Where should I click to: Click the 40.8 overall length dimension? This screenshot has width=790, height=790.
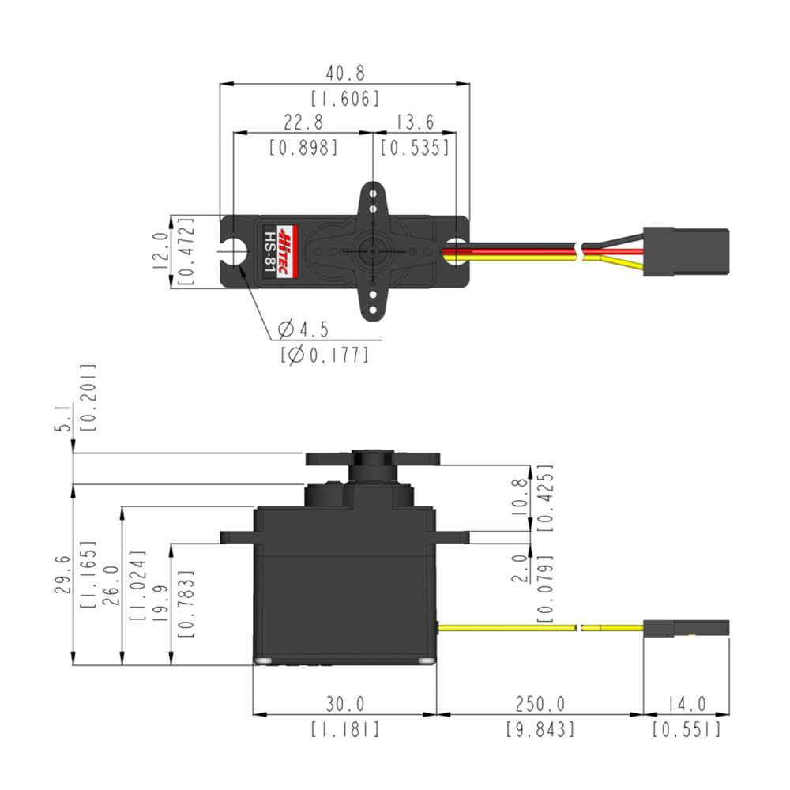click(345, 73)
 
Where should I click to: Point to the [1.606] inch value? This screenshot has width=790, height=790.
click(345, 99)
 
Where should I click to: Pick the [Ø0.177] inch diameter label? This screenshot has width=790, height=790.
click(324, 355)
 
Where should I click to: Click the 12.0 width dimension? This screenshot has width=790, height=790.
click(160, 251)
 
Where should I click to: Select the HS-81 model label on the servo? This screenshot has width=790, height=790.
click(270, 251)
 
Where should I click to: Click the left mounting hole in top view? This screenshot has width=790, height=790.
click(235, 251)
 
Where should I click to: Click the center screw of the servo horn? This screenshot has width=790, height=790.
click(371, 250)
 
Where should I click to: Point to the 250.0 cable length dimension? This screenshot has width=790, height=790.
click(540, 703)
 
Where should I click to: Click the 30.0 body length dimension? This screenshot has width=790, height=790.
click(345, 703)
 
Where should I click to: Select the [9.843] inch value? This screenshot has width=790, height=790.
click(540, 728)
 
